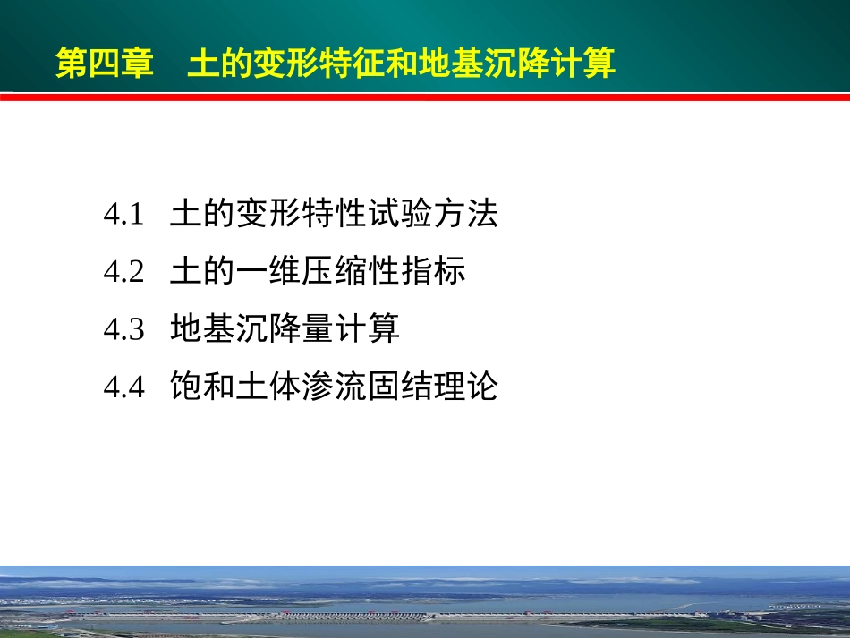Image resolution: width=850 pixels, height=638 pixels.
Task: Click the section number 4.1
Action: [x=123, y=215]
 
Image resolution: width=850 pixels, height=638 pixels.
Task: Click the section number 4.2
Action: [x=123, y=272]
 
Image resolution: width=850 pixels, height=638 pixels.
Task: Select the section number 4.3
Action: [x=123, y=330]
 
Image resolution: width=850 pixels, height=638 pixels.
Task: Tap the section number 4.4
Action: [x=123, y=387]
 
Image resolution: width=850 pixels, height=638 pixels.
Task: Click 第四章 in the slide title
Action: [x=105, y=64]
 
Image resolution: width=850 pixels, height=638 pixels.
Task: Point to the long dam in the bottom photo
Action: [x=403, y=616]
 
